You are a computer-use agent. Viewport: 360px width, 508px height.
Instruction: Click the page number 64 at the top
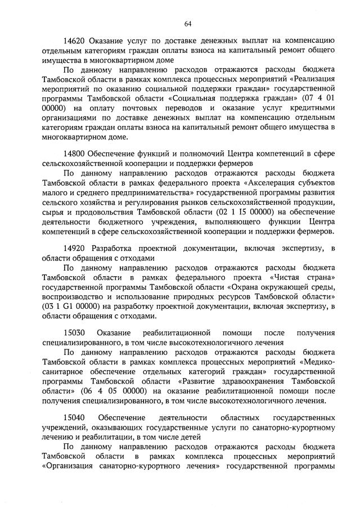[x=188, y=23]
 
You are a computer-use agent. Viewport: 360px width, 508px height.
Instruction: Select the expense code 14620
[x=74, y=40]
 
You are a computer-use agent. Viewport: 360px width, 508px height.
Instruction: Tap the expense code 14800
[x=74, y=153]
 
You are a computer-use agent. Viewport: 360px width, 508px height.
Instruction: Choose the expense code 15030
[x=74, y=332]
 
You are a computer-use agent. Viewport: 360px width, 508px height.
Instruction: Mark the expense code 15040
[x=74, y=417]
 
